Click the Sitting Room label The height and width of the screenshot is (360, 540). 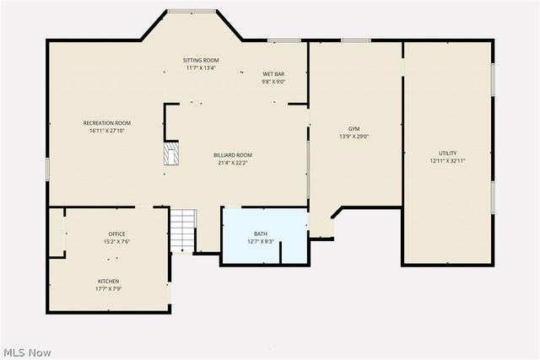click(201, 60)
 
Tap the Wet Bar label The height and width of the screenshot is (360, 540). click(273, 74)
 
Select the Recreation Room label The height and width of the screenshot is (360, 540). click(106, 123)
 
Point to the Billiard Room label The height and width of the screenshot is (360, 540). click(232, 155)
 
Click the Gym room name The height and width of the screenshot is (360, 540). click(354, 128)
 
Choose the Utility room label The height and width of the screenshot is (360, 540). click(448, 153)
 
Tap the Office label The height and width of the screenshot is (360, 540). click(116, 234)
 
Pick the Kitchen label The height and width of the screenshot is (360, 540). click(108, 282)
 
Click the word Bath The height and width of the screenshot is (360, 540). click(261, 234)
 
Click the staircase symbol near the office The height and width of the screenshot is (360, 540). click(182, 230)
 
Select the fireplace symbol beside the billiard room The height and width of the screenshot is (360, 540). click(171, 154)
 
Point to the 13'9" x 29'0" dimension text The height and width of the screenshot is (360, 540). click(354, 137)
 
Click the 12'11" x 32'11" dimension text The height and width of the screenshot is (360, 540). click(448, 161)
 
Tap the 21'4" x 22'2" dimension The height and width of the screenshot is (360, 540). click(232, 164)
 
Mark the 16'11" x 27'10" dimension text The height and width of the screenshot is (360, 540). click(106, 132)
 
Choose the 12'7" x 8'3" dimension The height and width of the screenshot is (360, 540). click(261, 242)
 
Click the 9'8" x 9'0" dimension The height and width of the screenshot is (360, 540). click(273, 82)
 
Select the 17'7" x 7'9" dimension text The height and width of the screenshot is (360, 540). click(108, 289)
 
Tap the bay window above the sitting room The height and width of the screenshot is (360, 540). click(191, 11)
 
